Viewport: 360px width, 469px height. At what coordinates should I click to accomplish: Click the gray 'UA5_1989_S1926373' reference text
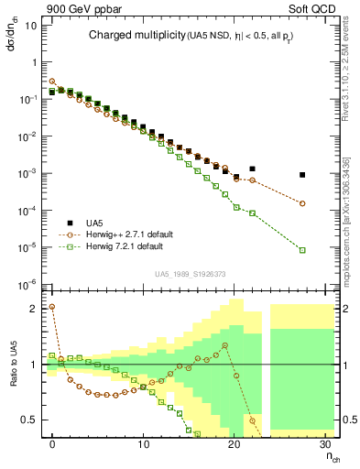pos(191,274)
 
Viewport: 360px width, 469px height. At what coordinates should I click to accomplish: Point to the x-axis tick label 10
pos(144,444)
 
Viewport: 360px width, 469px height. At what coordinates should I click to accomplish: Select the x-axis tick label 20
pos(235,444)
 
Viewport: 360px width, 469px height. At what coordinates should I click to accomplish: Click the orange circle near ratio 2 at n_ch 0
pos(51,307)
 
